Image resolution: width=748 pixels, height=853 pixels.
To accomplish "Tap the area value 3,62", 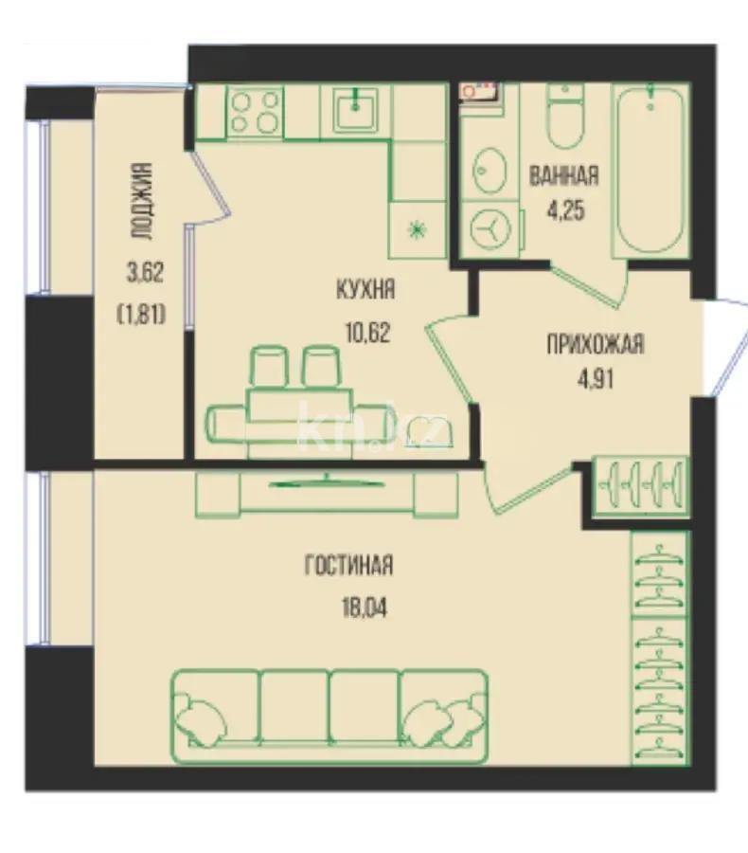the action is [145, 272].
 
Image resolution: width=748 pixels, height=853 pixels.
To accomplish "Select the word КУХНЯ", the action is [365, 289].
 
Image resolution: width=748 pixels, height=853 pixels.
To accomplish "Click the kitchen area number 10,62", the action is [367, 332].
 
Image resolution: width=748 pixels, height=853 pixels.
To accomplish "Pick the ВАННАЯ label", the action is [563, 175].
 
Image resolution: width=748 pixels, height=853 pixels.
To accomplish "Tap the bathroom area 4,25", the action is [566, 209].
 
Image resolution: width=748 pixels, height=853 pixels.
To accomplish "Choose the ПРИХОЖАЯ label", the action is [595, 344].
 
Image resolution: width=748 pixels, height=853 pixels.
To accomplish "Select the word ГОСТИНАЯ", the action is [348, 565].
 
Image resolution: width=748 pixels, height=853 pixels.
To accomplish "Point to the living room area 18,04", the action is [365, 608].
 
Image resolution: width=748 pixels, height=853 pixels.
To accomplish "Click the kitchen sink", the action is [355, 110].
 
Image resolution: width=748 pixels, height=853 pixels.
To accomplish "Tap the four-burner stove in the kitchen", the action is [255, 112].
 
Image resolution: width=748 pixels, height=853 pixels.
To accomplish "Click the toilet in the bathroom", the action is [566, 116].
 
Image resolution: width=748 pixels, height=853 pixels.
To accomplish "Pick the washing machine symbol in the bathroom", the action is [490, 228].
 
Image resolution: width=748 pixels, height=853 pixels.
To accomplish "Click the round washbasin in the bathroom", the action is [490, 171].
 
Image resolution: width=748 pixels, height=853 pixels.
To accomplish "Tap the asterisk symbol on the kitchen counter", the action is [417, 231].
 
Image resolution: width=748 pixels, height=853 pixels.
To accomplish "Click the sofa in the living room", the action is [330, 717].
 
